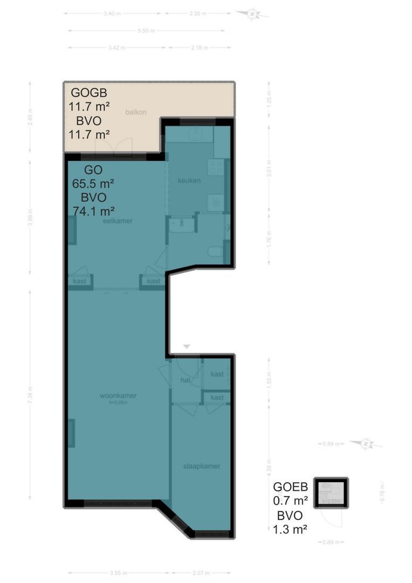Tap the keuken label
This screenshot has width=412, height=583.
(x=189, y=180)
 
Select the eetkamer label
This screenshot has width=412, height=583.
(x=118, y=221)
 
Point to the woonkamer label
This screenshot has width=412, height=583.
(x=118, y=396)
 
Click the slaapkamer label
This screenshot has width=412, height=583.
(x=202, y=466)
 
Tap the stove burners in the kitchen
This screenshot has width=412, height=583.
(x=217, y=167)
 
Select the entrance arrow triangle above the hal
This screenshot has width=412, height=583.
(x=187, y=346)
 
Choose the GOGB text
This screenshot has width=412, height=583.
(x=89, y=92)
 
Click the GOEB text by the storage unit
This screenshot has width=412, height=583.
(x=291, y=485)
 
